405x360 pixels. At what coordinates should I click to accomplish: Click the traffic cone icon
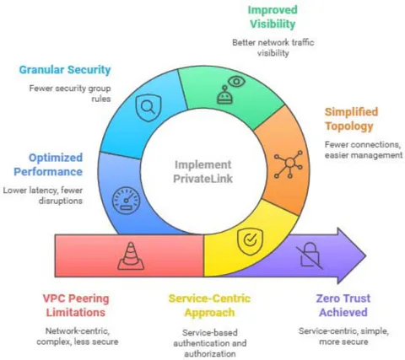pos(131,256)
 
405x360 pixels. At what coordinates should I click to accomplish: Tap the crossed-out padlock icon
pos(310,255)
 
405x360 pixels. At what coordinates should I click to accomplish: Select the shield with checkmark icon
pos(250,241)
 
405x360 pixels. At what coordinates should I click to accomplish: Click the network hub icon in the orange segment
pos(289,164)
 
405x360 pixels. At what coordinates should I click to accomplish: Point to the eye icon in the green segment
pos(236,82)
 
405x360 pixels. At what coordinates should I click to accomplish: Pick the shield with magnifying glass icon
pos(148,108)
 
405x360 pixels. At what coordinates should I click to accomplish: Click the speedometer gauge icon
pos(127,201)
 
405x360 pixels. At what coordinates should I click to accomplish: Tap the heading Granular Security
pos(65,70)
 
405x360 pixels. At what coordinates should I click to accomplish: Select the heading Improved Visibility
pos(273,17)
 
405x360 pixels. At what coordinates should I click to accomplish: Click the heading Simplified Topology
pos(351,119)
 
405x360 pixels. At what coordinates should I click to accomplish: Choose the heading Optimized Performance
pos(48,164)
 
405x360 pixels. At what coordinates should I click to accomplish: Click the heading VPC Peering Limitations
pos(76,305)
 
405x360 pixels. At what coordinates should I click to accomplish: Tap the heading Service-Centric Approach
pos(209,305)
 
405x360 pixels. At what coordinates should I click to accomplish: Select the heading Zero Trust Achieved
pos(343,305)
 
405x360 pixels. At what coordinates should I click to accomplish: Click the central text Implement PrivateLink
pos(203,172)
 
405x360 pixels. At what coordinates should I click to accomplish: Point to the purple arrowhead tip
pos(366,255)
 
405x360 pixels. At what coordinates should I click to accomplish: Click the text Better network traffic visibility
pos(273,48)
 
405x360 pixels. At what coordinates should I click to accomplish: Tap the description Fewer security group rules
pos(70,94)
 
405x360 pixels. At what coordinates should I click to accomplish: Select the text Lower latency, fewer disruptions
pos(43,196)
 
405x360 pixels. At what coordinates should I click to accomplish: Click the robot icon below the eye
pos(224,94)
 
